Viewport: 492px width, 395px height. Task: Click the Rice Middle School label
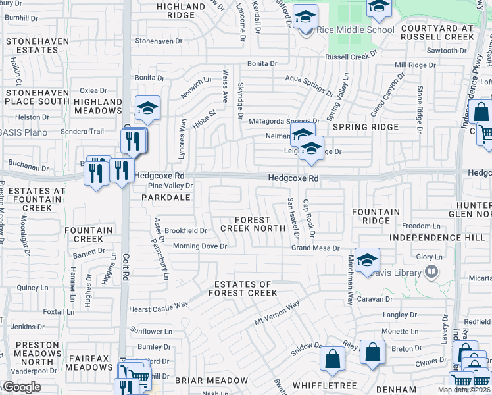point(355,30)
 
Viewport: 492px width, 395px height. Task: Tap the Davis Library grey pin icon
point(431,271)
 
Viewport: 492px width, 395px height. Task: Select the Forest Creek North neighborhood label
point(245,224)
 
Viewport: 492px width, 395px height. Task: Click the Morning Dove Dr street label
point(199,246)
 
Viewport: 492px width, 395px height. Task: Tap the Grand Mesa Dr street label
point(315,248)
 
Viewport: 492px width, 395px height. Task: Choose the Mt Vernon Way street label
point(277,313)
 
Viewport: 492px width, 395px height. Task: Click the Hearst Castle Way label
point(159,305)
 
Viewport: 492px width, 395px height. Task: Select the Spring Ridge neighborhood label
point(365,127)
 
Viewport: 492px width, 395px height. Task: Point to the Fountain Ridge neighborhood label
point(376,217)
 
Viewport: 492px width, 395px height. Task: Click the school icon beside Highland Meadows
point(147,107)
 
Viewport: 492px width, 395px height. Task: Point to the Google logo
point(22,387)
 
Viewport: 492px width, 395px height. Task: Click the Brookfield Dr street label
point(185,231)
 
